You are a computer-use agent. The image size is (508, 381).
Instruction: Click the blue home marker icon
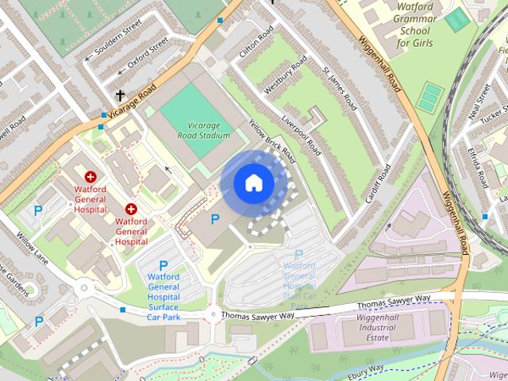(253, 183)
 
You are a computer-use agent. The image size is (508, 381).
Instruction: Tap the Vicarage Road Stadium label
(198, 130)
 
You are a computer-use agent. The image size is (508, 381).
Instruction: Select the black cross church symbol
(120, 96)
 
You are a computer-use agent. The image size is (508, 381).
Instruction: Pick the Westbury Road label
(286, 77)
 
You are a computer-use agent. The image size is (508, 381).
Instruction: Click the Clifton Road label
(256, 41)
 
